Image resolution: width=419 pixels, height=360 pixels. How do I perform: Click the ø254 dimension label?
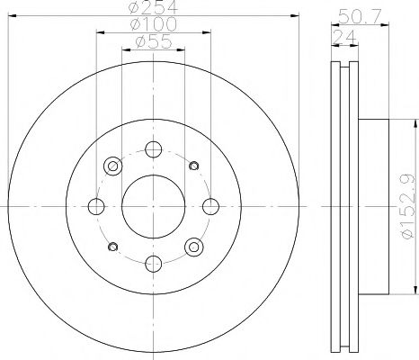[151, 8]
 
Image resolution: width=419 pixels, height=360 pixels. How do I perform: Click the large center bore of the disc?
[152, 205]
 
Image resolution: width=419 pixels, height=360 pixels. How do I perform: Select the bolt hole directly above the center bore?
[152, 149]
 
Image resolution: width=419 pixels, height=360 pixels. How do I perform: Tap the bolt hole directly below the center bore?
[152, 262]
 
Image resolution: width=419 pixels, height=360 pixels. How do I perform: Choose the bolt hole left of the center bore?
[96, 205]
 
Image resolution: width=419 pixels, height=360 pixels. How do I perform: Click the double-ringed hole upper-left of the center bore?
[112, 166]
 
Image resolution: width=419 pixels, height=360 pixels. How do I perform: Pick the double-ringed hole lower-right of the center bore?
[192, 246]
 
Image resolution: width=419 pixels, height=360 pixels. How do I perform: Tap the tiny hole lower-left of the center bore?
[112, 247]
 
